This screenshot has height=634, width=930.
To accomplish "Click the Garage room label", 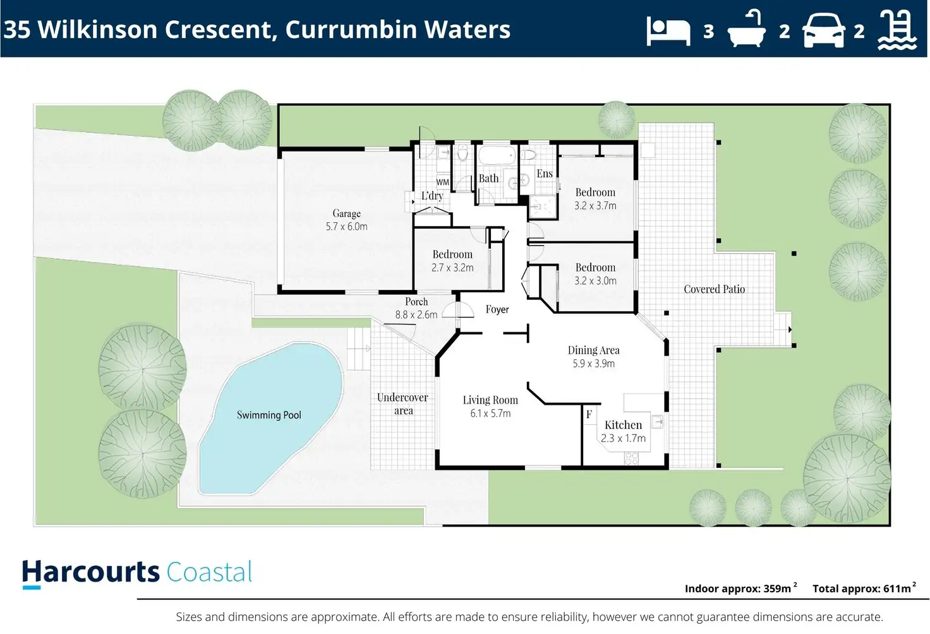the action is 346,213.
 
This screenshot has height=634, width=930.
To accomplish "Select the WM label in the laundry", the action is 443,182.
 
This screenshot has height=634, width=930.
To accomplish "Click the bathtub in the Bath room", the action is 497,155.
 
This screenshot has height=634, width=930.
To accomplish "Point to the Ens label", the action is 545,173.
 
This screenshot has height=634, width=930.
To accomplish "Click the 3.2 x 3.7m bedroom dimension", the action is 595,205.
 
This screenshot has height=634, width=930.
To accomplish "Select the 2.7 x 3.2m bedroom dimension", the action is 452,268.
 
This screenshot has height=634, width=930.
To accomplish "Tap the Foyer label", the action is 497,309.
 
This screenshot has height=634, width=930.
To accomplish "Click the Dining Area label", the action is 593,350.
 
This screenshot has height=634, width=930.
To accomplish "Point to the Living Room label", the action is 490,400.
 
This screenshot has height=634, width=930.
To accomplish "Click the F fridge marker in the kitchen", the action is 589,414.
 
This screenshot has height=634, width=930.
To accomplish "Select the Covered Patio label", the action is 714,289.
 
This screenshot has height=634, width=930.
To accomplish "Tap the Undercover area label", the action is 402,404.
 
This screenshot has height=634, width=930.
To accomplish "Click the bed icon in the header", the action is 668,32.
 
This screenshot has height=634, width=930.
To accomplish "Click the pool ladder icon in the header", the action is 897,30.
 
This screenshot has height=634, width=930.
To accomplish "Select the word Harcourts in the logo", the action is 91,573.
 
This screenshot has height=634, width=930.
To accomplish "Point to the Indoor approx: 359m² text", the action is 740,588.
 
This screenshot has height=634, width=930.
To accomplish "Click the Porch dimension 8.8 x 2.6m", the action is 416,314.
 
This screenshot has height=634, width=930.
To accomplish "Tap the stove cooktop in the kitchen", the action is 631,458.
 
